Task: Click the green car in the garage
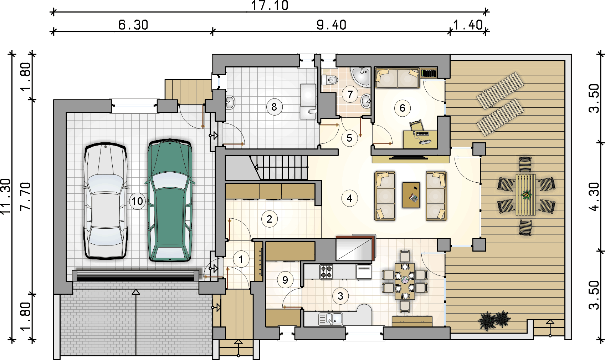click(170, 201)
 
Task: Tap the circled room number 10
click(137, 201)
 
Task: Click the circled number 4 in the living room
click(349, 198)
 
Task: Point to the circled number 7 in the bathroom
click(350, 94)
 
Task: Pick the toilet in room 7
click(329, 80)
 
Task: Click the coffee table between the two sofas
click(411, 195)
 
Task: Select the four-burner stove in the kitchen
click(326, 272)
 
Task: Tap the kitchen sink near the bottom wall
click(330, 319)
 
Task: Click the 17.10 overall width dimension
click(270, 6)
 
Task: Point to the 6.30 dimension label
click(133, 25)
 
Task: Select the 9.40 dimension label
click(332, 25)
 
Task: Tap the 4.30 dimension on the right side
click(594, 197)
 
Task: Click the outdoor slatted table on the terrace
click(525, 194)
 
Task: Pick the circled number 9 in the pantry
click(285, 280)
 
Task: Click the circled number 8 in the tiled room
click(275, 107)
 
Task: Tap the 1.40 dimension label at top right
click(468, 25)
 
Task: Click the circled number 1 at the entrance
click(241, 259)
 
